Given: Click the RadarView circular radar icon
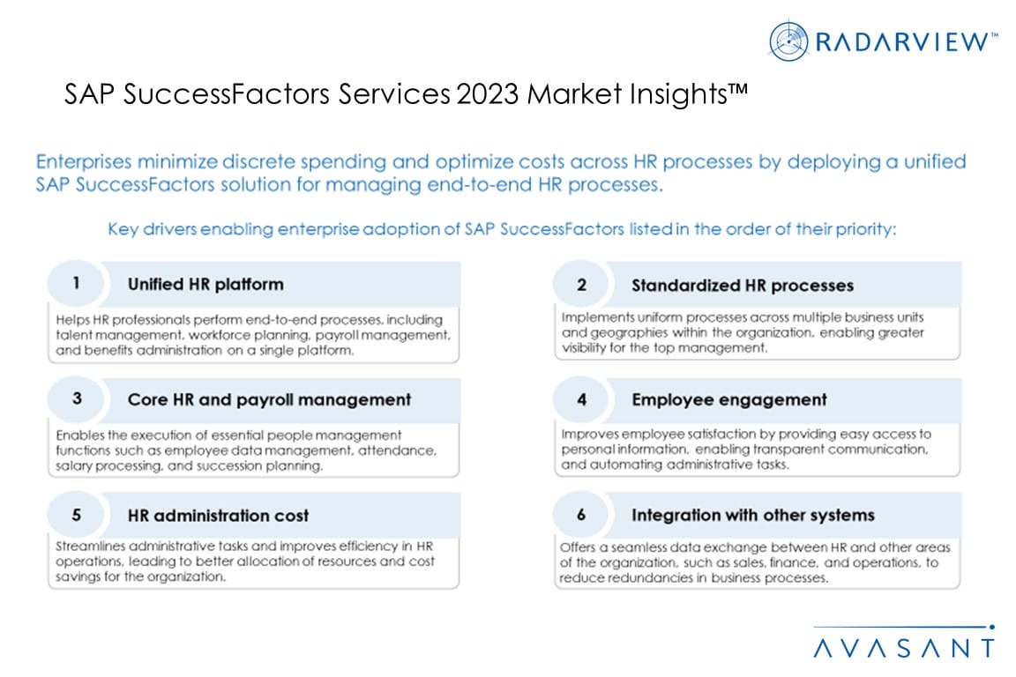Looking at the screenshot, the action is [x=788, y=41].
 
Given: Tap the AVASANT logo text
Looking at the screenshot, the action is [x=904, y=648].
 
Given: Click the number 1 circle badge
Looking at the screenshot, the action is [x=76, y=283].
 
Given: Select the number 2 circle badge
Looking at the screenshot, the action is [x=581, y=285].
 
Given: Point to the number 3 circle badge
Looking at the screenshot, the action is [x=77, y=398].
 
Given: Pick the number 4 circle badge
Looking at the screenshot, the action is [x=581, y=399].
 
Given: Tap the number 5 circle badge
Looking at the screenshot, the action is [x=77, y=515].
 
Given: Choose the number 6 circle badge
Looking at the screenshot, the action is [x=581, y=515].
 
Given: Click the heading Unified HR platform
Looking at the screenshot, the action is [x=205, y=285].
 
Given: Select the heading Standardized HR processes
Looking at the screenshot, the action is [x=743, y=286].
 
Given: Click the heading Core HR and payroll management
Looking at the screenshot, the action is [x=269, y=399].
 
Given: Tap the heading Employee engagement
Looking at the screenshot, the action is [x=729, y=399].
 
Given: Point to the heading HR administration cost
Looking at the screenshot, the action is [x=218, y=516].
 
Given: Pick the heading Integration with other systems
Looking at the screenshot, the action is [x=753, y=516].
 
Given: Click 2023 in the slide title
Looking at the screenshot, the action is [x=488, y=94].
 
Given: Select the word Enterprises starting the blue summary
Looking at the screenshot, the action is [x=84, y=162].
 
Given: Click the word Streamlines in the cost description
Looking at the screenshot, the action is [x=92, y=547].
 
